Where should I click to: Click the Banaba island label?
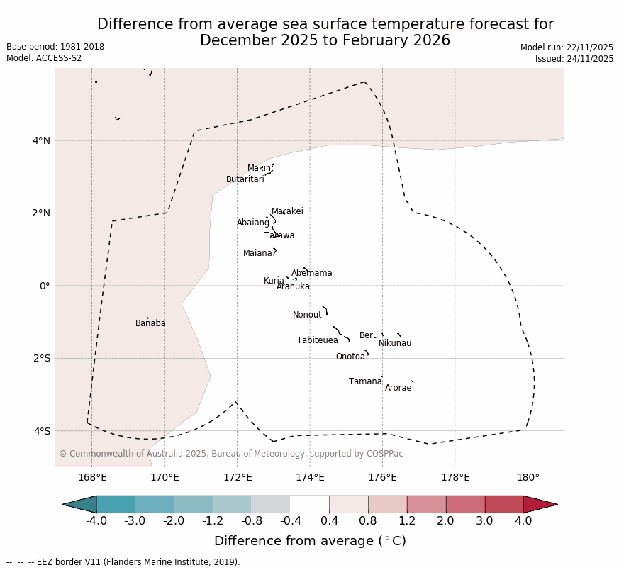150,324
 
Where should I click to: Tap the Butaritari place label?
245,180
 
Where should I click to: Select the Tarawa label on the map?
279,236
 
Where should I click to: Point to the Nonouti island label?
308,315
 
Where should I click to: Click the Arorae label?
398,389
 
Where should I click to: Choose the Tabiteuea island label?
318,341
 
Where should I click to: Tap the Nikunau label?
395,344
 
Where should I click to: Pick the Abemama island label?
311,274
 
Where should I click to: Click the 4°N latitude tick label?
41,140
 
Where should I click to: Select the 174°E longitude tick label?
310,478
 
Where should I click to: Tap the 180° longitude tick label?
528,478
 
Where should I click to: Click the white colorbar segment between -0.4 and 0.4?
310,505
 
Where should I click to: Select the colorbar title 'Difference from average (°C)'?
310,542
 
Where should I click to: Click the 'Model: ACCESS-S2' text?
44,59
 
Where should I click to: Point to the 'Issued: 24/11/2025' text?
574,60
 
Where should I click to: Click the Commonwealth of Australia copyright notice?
230,454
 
